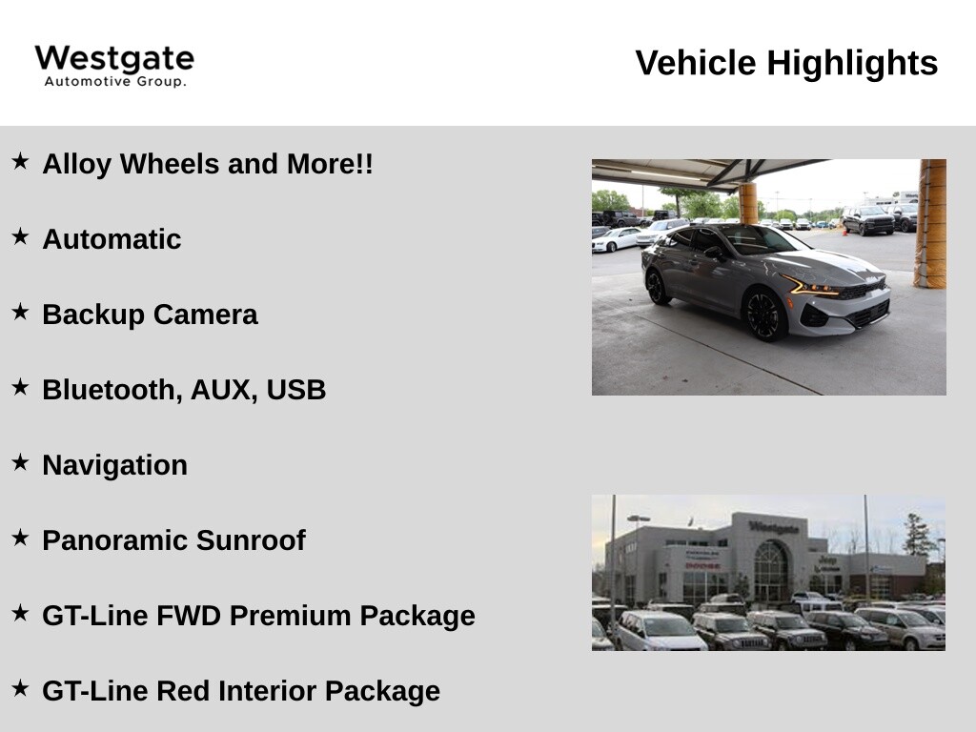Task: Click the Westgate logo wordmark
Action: point(114,59)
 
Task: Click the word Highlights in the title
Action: point(852,63)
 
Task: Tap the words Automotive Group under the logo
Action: point(115,82)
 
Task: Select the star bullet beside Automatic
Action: point(21,236)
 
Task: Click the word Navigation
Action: point(115,465)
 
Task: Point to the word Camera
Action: point(206,315)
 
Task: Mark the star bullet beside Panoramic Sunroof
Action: point(21,538)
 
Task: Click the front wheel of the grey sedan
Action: point(763,315)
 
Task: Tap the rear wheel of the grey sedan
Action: point(657,288)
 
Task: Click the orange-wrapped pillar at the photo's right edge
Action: point(930,223)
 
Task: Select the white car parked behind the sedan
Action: point(617,239)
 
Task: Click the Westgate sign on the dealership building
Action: point(774,528)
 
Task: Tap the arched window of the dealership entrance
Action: point(771,570)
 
